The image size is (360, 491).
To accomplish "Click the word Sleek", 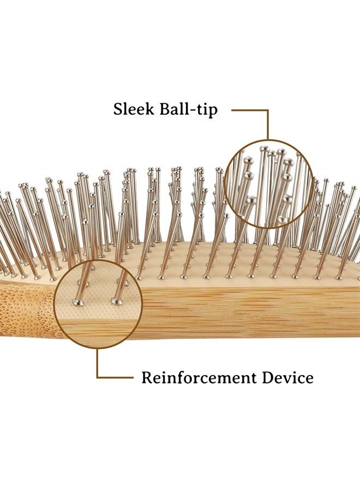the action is (134, 109).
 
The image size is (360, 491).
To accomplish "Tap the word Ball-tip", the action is (188, 110).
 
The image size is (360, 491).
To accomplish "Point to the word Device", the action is (287, 378).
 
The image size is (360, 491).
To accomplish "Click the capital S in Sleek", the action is (117, 109).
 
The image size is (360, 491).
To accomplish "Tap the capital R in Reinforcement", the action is (147, 378).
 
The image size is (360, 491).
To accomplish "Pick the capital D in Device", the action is (268, 378).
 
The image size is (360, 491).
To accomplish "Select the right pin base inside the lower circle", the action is (116, 302).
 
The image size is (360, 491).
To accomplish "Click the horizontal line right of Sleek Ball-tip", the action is (250, 110).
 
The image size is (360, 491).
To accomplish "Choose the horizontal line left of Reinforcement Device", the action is (115, 378).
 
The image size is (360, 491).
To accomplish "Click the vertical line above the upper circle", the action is (267, 124).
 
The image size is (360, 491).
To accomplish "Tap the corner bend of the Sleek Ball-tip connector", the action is (267, 110).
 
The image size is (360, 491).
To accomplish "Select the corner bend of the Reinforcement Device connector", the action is (98, 378).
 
